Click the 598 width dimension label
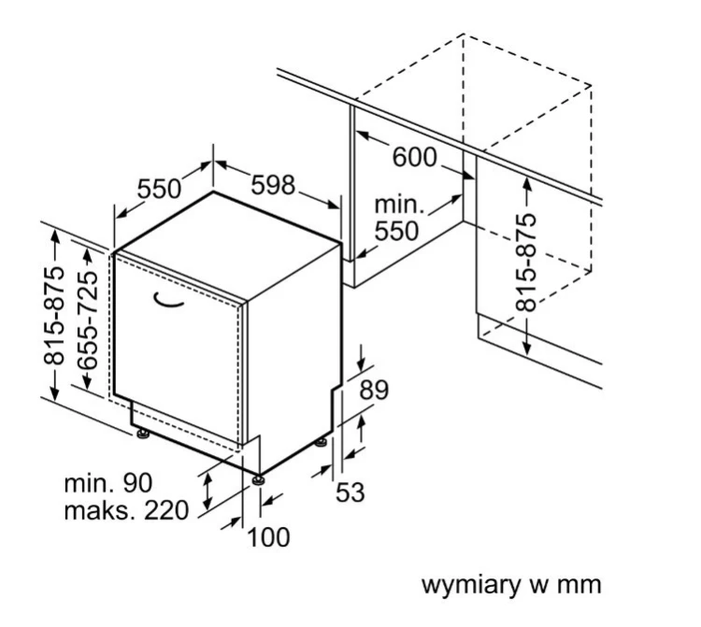point(273,185)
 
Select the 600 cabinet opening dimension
point(414,157)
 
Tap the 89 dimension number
point(374,390)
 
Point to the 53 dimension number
point(350,492)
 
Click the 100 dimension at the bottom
point(268,537)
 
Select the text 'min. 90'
point(108,483)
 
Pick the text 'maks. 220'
point(126,510)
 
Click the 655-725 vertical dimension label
point(87,321)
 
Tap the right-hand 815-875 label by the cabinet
point(525,263)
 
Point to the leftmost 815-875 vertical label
point(54,316)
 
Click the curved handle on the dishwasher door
point(168,300)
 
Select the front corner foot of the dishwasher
point(258,480)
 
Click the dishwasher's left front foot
point(143,434)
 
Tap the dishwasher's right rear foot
point(321,442)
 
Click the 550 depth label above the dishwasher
point(159,189)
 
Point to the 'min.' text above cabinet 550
point(399,205)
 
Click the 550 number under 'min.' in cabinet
point(396,231)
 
